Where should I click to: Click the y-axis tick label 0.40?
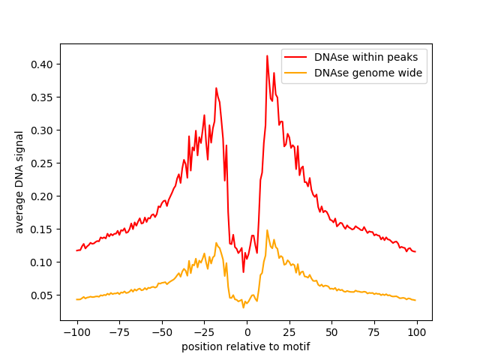tap(44, 64)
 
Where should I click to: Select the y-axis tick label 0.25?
tap(44, 163)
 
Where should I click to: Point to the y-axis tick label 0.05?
tap(44, 295)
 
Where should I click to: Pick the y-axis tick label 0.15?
tap(44, 229)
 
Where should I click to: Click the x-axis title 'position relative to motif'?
tap(246, 346)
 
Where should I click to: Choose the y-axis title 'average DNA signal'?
tap(20, 181)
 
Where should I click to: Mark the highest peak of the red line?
tap(267, 55)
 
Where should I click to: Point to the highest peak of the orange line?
tap(267, 230)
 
